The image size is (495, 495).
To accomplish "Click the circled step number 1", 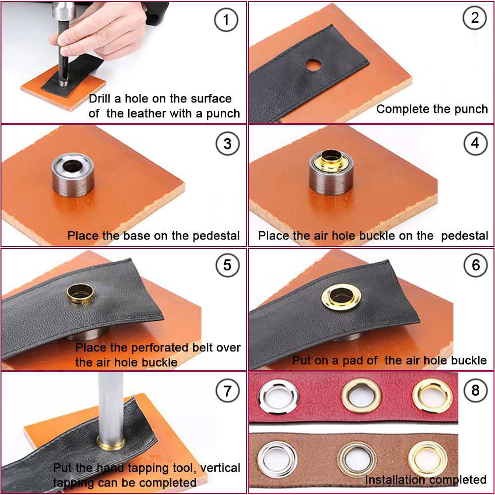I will tap(227, 20).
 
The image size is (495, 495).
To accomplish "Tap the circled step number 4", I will tap(475, 144).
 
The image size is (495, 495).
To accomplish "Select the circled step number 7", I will tap(227, 391).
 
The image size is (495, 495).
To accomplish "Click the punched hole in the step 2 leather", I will tap(313, 64).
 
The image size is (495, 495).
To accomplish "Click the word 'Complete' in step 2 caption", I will tap(401, 109).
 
